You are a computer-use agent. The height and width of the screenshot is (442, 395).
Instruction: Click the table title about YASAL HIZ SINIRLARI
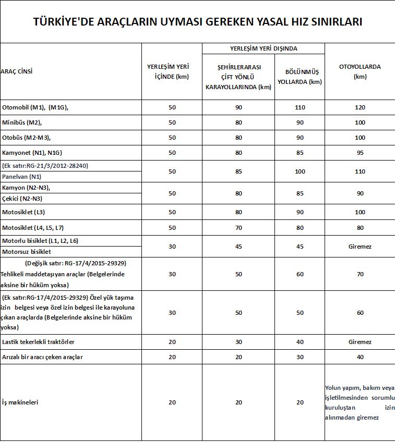pos(197,22)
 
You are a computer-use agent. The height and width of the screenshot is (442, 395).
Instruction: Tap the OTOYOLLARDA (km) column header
pos(360,71)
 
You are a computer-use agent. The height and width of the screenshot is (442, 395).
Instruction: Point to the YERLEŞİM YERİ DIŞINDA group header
pos(264,48)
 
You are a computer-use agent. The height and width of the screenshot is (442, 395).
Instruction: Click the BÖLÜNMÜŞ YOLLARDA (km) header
pos(300,76)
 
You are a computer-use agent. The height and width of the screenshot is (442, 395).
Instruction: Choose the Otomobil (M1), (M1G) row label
pos(35,107)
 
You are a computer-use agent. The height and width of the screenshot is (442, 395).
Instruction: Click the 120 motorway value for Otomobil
pos(360,107)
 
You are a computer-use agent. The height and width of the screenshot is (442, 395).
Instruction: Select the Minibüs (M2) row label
pos(22,122)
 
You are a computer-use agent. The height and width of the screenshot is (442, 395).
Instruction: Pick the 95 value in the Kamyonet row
pos(360,153)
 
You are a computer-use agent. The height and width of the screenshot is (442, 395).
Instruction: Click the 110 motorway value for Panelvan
pos(360,171)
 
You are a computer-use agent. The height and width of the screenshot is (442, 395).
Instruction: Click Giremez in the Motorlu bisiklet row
pos(360,246)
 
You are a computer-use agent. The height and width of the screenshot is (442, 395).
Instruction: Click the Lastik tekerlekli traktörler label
pos(39,342)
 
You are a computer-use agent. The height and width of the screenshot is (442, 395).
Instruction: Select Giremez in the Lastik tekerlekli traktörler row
pos(360,342)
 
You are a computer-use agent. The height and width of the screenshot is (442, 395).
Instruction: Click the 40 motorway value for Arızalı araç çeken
pos(360,357)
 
